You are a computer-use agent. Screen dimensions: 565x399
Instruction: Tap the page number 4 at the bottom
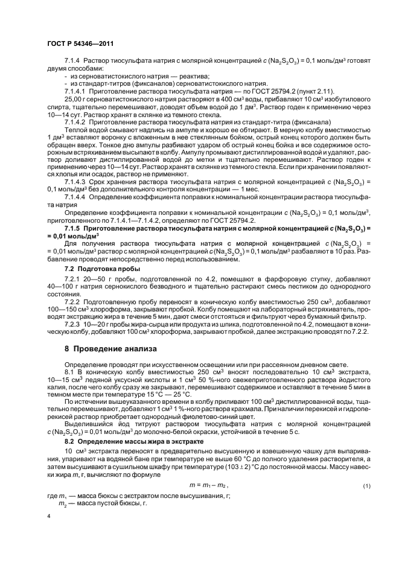(48, 517)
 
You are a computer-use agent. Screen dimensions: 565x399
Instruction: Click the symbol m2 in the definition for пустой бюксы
(62, 503)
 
